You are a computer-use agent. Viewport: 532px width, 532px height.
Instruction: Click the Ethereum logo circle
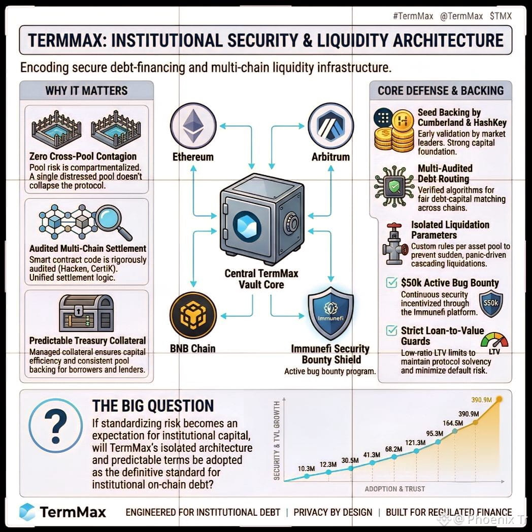click(193, 126)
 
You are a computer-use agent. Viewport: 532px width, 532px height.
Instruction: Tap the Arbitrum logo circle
click(331, 126)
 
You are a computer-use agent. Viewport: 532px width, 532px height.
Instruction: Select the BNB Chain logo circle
click(193, 316)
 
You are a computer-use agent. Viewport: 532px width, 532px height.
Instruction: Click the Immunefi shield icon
click(331, 314)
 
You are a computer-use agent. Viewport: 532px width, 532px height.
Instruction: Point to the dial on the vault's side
click(290, 223)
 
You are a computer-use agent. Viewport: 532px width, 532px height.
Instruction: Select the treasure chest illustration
click(86, 313)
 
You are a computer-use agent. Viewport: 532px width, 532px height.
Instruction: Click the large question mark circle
click(56, 425)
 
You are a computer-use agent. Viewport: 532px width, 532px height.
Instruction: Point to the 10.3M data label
click(307, 469)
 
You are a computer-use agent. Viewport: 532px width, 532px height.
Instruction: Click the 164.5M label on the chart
click(453, 423)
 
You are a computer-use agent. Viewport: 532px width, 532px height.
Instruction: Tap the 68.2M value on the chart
click(393, 449)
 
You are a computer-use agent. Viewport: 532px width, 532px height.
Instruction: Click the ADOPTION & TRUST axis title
click(395, 489)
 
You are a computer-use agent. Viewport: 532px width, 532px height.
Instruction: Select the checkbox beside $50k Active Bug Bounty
click(392, 282)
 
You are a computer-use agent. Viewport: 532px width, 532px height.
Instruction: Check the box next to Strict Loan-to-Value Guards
click(392, 330)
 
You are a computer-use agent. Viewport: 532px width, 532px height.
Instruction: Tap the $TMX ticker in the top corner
click(501, 16)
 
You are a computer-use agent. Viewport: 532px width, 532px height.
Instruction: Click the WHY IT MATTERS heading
click(86, 90)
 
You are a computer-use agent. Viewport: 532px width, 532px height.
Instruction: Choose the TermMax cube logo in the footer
click(27, 512)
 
